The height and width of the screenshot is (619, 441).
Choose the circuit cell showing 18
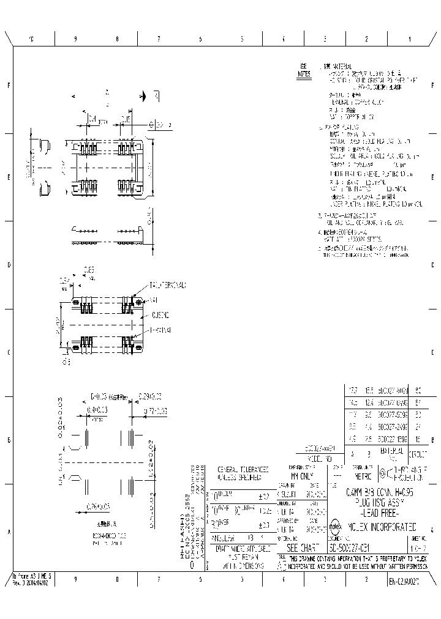(x=418, y=439)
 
